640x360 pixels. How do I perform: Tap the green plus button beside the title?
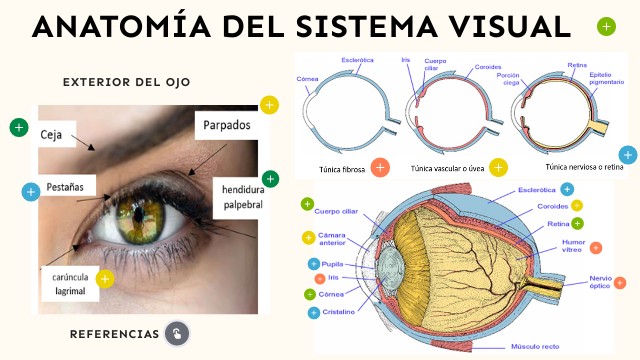pyautogui.click(x=606, y=26)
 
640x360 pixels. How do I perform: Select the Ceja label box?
pyautogui.click(x=52, y=134)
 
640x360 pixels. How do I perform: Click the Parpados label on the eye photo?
pyautogui.click(x=226, y=126)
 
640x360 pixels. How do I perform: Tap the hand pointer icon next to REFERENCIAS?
pyautogui.click(x=177, y=333)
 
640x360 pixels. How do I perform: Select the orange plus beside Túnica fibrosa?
pyautogui.click(x=380, y=167)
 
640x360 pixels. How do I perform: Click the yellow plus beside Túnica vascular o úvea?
pyautogui.click(x=498, y=167)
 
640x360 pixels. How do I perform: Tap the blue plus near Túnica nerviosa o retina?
pyautogui.click(x=627, y=154)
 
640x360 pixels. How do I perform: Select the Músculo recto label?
pyautogui.click(x=534, y=346)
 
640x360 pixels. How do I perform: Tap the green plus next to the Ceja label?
pyautogui.click(x=18, y=127)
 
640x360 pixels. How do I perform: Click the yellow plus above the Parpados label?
pyautogui.click(x=268, y=104)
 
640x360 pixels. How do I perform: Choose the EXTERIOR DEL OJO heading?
pyautogui.click(x=126, y=82)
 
